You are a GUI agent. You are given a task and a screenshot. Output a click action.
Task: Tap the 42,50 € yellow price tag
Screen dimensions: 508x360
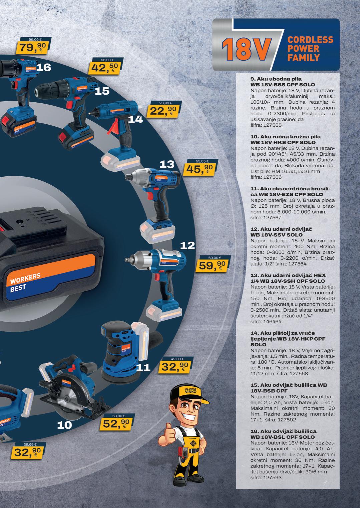[x=103, y=68]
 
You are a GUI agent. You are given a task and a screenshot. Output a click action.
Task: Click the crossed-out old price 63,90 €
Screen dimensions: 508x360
[x=119, y=416]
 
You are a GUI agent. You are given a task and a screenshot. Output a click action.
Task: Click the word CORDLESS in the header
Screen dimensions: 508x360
[x=310, y=40]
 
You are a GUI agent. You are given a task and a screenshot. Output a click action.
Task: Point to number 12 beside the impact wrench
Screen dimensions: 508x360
[x=187, y=246]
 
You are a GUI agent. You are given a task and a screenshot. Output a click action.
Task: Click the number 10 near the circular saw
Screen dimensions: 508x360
[x=64, y=425]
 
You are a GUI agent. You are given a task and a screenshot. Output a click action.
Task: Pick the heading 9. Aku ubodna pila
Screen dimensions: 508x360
[x=271, y=79]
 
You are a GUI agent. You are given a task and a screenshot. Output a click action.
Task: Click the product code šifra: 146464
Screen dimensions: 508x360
[x=266, y=322]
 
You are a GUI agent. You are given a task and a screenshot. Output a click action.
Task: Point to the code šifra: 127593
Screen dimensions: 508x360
[x=266, y=477]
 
